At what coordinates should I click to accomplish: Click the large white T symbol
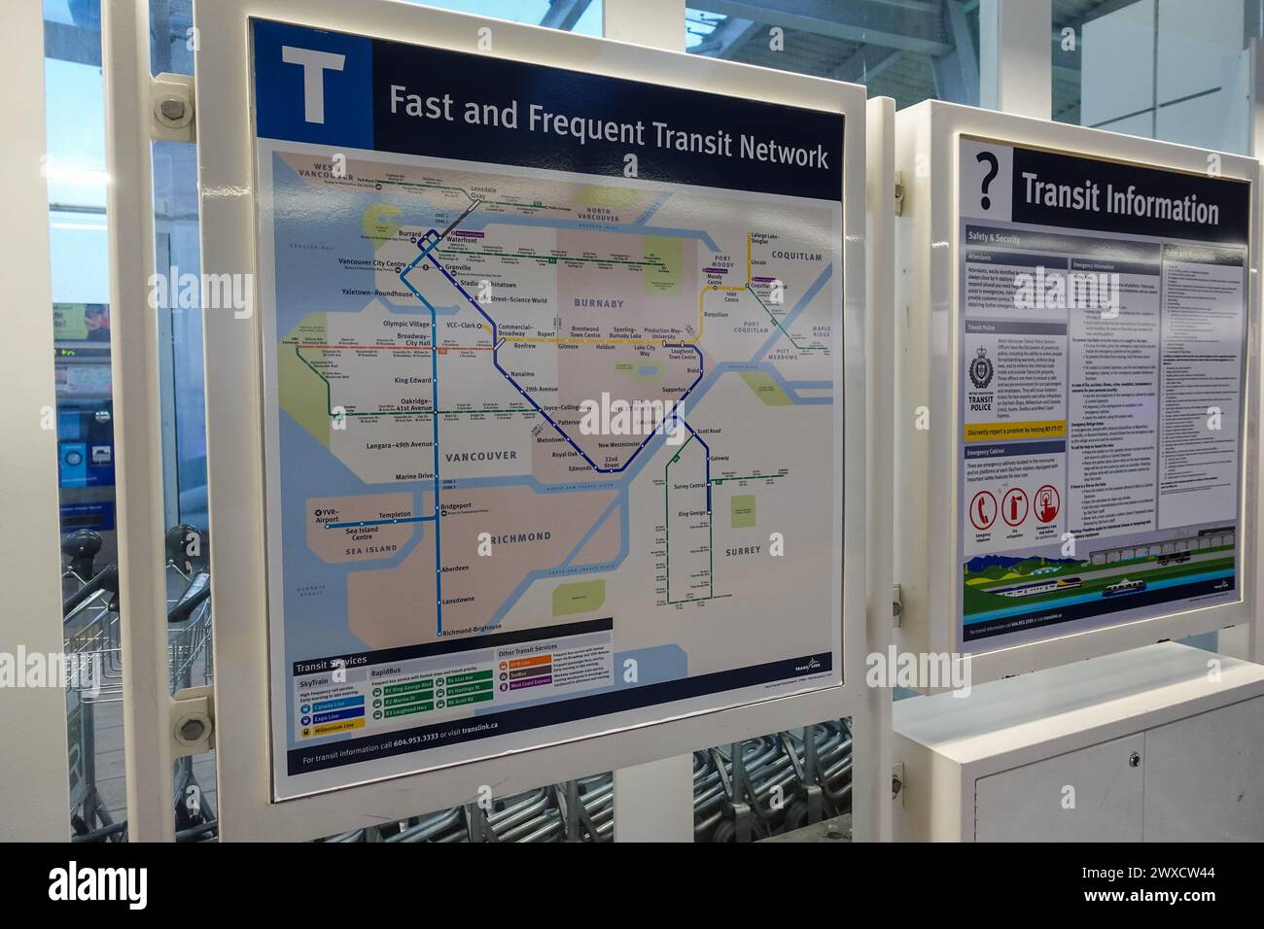pos(312,86)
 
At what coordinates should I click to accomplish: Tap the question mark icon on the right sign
pos(988,180)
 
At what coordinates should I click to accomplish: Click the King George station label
pos(690,512)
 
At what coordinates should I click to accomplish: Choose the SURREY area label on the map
pos(742,551)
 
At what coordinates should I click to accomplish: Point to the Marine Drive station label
pos(413,476)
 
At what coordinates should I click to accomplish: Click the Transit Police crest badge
pos(983,369)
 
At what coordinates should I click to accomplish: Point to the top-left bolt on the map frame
pos(172,108)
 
